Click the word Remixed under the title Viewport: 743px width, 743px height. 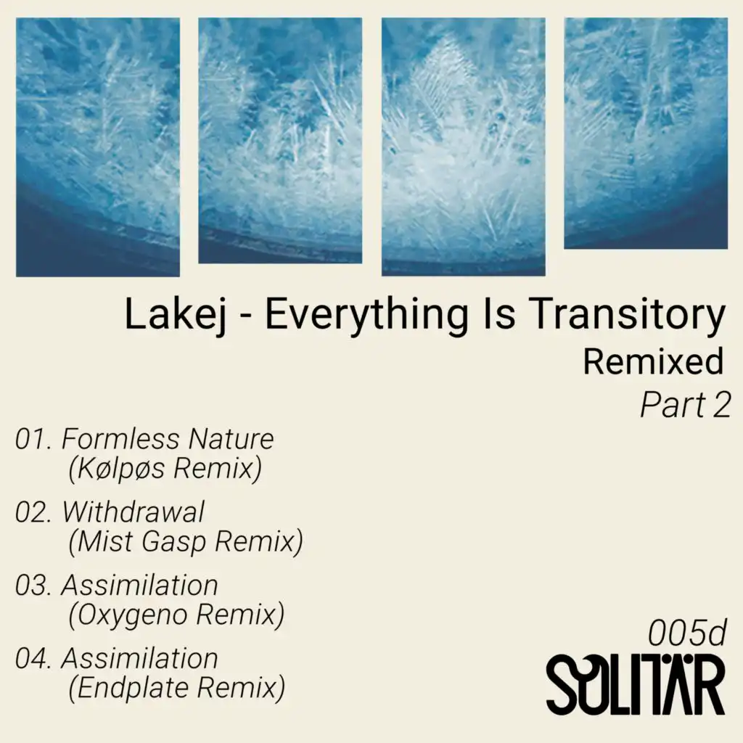(653, 361)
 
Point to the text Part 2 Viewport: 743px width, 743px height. (686, 405)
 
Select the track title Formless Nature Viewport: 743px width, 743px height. (168, 439)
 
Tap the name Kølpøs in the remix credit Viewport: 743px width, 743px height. (120, 468)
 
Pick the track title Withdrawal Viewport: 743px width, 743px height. (134, 512)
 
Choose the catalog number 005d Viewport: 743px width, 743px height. (687, 633)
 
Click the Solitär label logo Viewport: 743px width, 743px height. (636, 685)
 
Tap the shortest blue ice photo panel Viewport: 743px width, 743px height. (646, 134)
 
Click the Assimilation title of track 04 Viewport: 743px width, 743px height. (140, 659)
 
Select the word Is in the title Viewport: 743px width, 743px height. (498, 314)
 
